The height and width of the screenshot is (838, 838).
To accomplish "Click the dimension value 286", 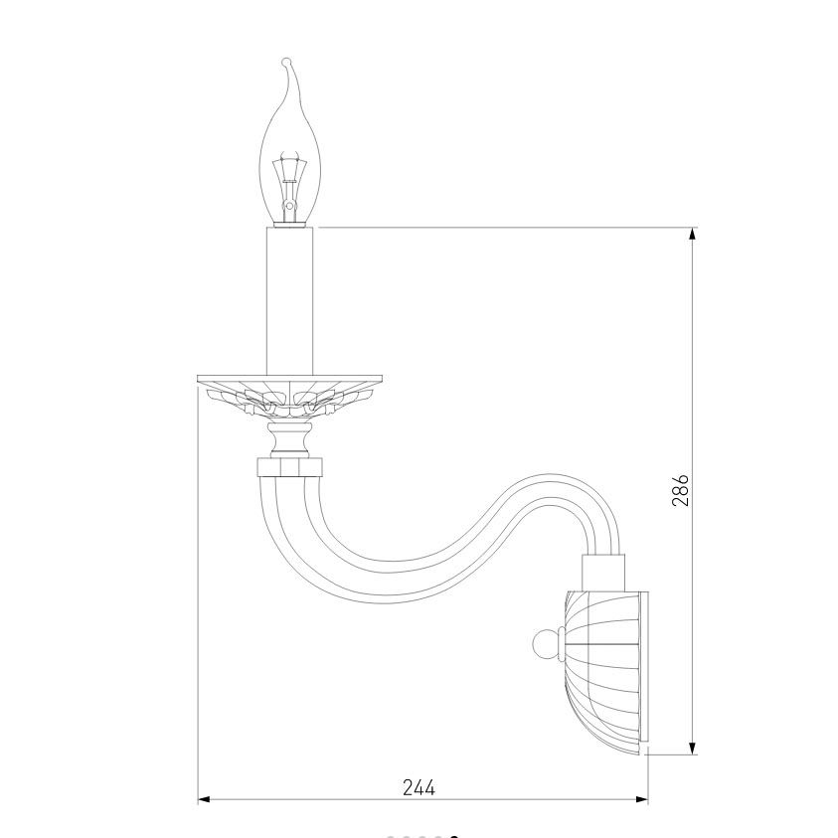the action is (x=680, y=489).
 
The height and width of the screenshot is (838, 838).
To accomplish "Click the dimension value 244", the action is (x=419, y=787).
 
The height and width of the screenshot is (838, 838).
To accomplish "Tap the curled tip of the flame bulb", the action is (x=287, y=63).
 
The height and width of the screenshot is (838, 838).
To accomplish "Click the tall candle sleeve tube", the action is (x=289, y=300).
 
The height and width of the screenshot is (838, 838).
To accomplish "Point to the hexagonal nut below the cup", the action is (x=289, y=466).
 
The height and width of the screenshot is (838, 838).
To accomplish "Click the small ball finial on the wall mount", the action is (x=545, y=644).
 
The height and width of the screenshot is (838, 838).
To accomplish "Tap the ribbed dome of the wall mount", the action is (x=601, y=672).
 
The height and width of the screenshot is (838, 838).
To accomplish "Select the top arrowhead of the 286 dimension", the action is (x=693, y=234).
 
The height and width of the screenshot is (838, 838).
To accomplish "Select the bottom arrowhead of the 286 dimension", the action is (x=693, y=749).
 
